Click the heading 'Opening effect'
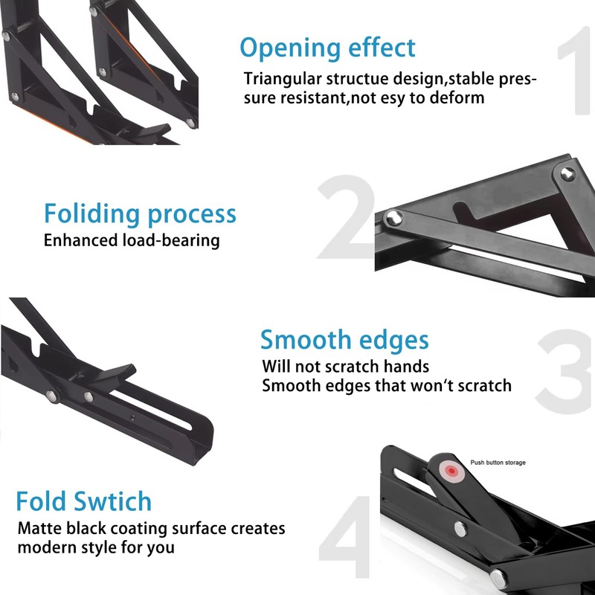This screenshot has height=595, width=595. click(327, 48)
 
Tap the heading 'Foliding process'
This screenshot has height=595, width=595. click(140, 214)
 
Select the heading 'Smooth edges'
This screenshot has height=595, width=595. click(344, 341)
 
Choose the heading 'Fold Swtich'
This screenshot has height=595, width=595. click(84, 501)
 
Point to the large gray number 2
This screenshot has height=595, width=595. click(346, 219)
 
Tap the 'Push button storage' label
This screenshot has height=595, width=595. click(498, 463)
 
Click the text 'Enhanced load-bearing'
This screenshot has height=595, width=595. click(132, 240)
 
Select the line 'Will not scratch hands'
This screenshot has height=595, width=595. click(345, 367)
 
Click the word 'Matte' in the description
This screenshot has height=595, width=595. click(40, 529)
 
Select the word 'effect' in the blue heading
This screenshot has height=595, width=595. click(380, 48)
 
